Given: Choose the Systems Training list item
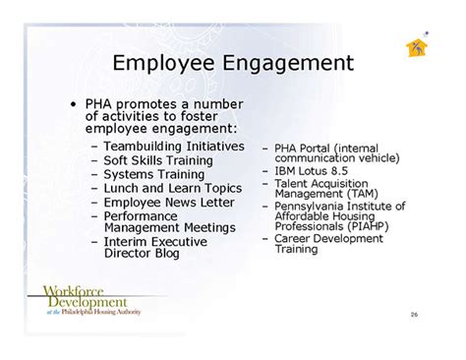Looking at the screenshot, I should [154, 174].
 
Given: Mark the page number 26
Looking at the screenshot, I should [414, 315].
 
